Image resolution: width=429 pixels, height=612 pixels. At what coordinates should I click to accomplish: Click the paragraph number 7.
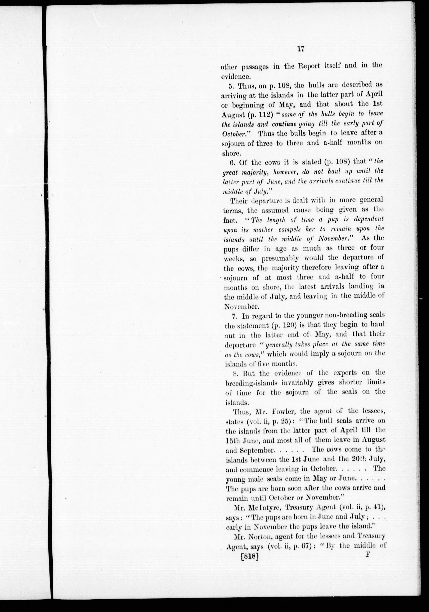point(235,316)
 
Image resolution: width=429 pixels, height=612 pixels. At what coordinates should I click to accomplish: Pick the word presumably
point(281,258)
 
